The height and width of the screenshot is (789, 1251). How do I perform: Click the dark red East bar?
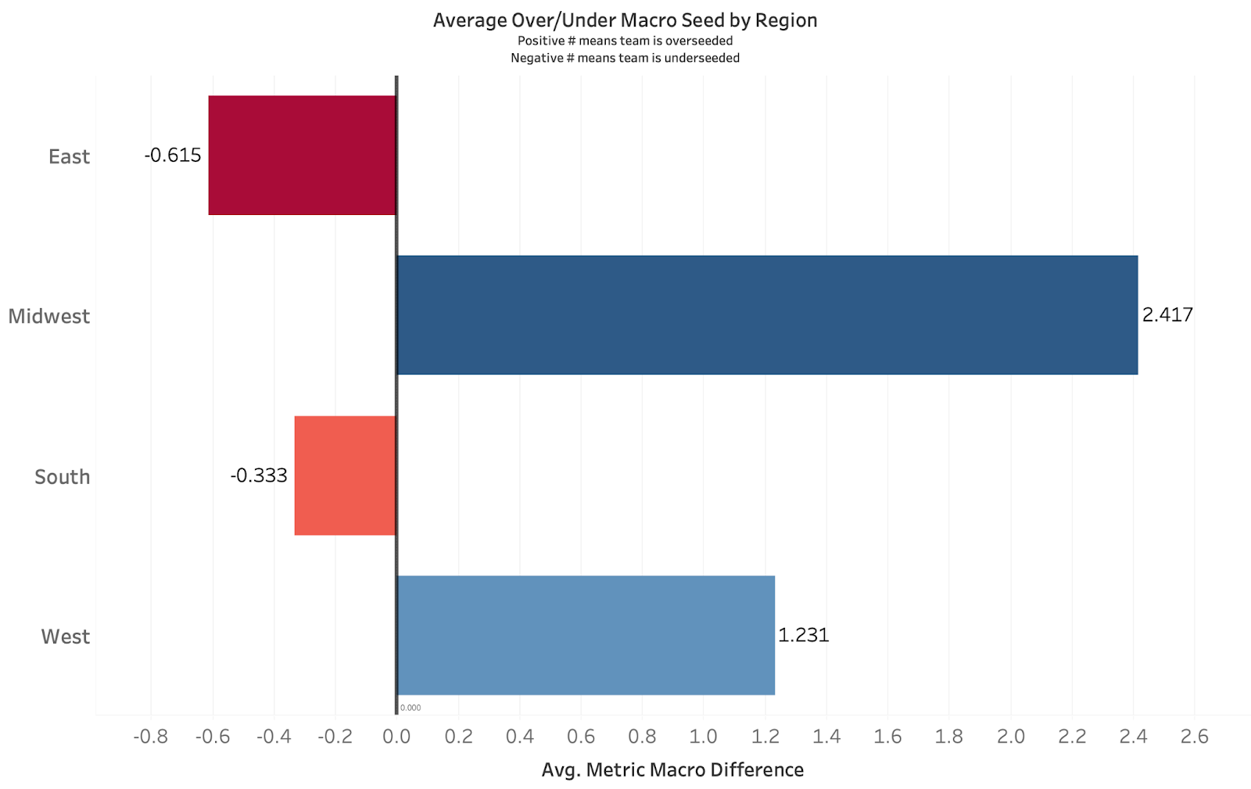click(303, 155)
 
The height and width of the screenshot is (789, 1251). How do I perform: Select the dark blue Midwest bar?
click(767, 315)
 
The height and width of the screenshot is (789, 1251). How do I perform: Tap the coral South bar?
click(346, 475)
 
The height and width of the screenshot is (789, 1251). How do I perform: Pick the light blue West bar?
click(586, 635)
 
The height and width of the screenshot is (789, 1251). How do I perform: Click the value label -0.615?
click(173, 155)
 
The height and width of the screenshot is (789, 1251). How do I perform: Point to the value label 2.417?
click(1167, 314)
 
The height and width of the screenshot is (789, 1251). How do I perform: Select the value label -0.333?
click(259, 475)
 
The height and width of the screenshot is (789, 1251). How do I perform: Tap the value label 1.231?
click(803, 634)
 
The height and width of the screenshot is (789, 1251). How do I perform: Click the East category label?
click(69, 156)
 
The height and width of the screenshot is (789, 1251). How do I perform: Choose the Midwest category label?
click(49, 316)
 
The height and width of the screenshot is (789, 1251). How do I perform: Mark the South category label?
click(62, 476)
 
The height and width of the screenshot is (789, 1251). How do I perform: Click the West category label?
click(66, 637)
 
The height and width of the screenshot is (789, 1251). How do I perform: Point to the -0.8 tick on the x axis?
click(150, 736)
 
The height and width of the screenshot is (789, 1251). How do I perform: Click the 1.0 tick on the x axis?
click(703, 736)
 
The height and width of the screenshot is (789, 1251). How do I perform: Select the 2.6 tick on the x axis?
click(1194, 736)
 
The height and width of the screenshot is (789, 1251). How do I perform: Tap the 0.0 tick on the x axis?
click(396, 736)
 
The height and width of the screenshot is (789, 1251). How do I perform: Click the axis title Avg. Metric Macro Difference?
click(672, 770)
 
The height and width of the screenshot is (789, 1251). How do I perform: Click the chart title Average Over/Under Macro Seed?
click(625, 20)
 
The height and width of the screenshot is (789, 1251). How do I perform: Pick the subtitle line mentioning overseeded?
click(625, 41)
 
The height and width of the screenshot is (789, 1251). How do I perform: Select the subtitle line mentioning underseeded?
click(625, 58)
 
